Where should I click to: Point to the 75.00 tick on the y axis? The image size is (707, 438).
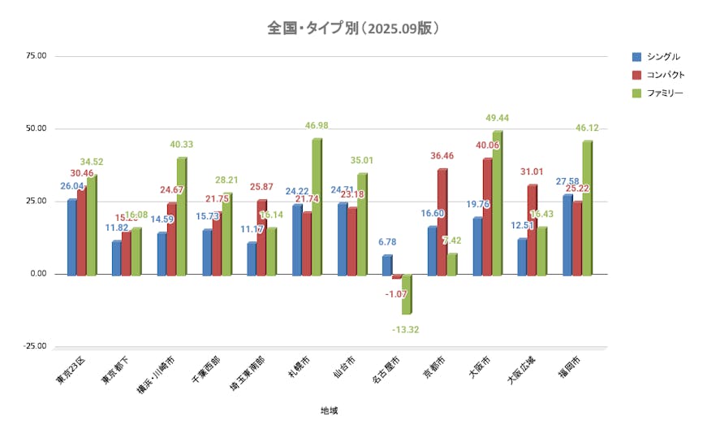pos(37,56)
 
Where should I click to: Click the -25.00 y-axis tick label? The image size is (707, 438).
pos(35,346)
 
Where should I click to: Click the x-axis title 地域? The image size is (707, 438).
pos(330,410)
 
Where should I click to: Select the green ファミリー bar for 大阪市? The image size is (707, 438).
pos(497,203)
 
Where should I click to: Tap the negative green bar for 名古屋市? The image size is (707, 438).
pos(407,294)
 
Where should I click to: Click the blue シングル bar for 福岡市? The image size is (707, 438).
pos(567,235)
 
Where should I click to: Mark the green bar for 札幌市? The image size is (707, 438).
pos(317,207)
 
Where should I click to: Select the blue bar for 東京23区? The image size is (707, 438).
pos(72,237)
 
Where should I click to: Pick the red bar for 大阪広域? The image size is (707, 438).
pos(532,230)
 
